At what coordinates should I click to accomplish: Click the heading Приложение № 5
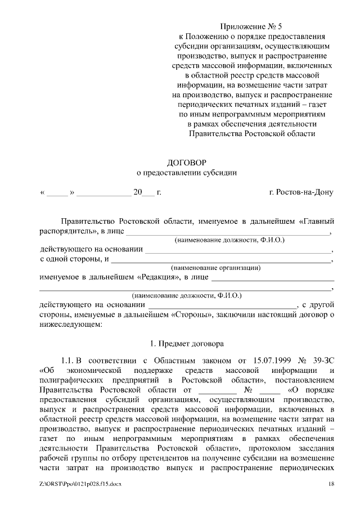pos(251,26)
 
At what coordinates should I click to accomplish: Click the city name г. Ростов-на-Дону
pos(301,192)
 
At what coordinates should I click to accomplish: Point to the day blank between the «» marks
pos(56,192)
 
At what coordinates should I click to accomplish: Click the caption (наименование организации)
pos(215,268)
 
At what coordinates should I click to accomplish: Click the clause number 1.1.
pos(67,360)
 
